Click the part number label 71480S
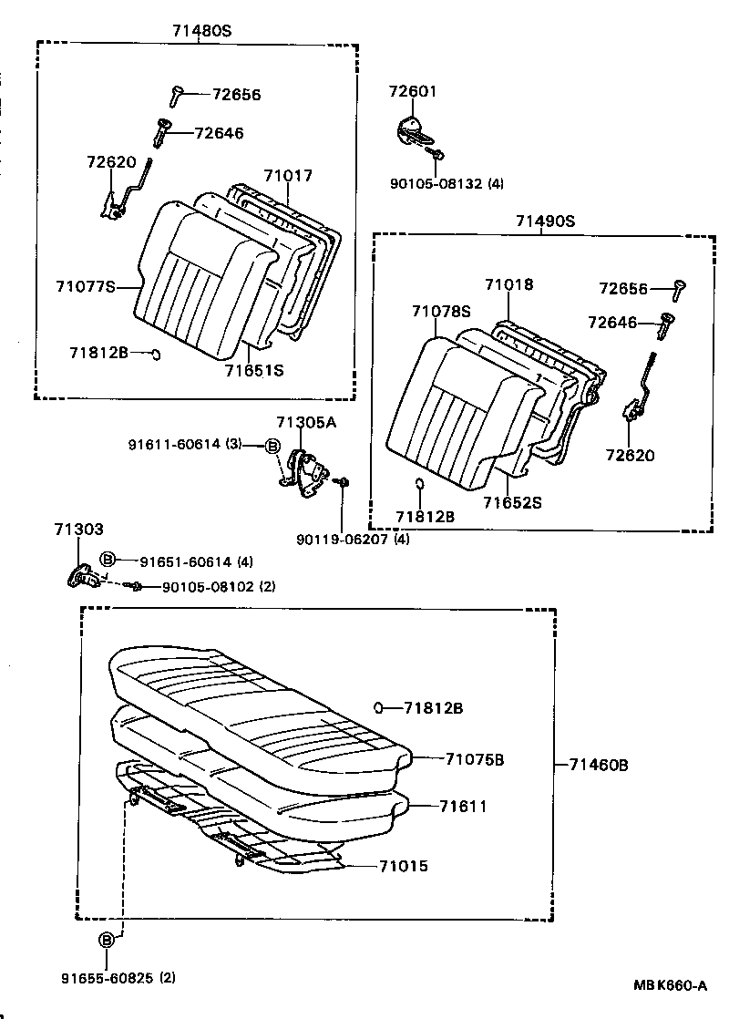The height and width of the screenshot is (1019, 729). tap(201, 30)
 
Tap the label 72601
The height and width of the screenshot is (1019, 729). tap(413, 91)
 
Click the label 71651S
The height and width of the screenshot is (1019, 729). tap(254, 370)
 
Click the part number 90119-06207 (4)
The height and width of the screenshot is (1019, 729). tap(352, 540)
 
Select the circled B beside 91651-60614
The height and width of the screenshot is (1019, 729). tap(107, 559)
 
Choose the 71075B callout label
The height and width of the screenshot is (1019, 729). tap(475, 758)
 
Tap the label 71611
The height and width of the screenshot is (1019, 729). tap(463, 806)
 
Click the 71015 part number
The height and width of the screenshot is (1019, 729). tap(403, 866)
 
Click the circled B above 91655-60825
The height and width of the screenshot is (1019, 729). tap(107, 941)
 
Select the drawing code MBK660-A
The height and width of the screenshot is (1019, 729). tap(671, 985)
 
